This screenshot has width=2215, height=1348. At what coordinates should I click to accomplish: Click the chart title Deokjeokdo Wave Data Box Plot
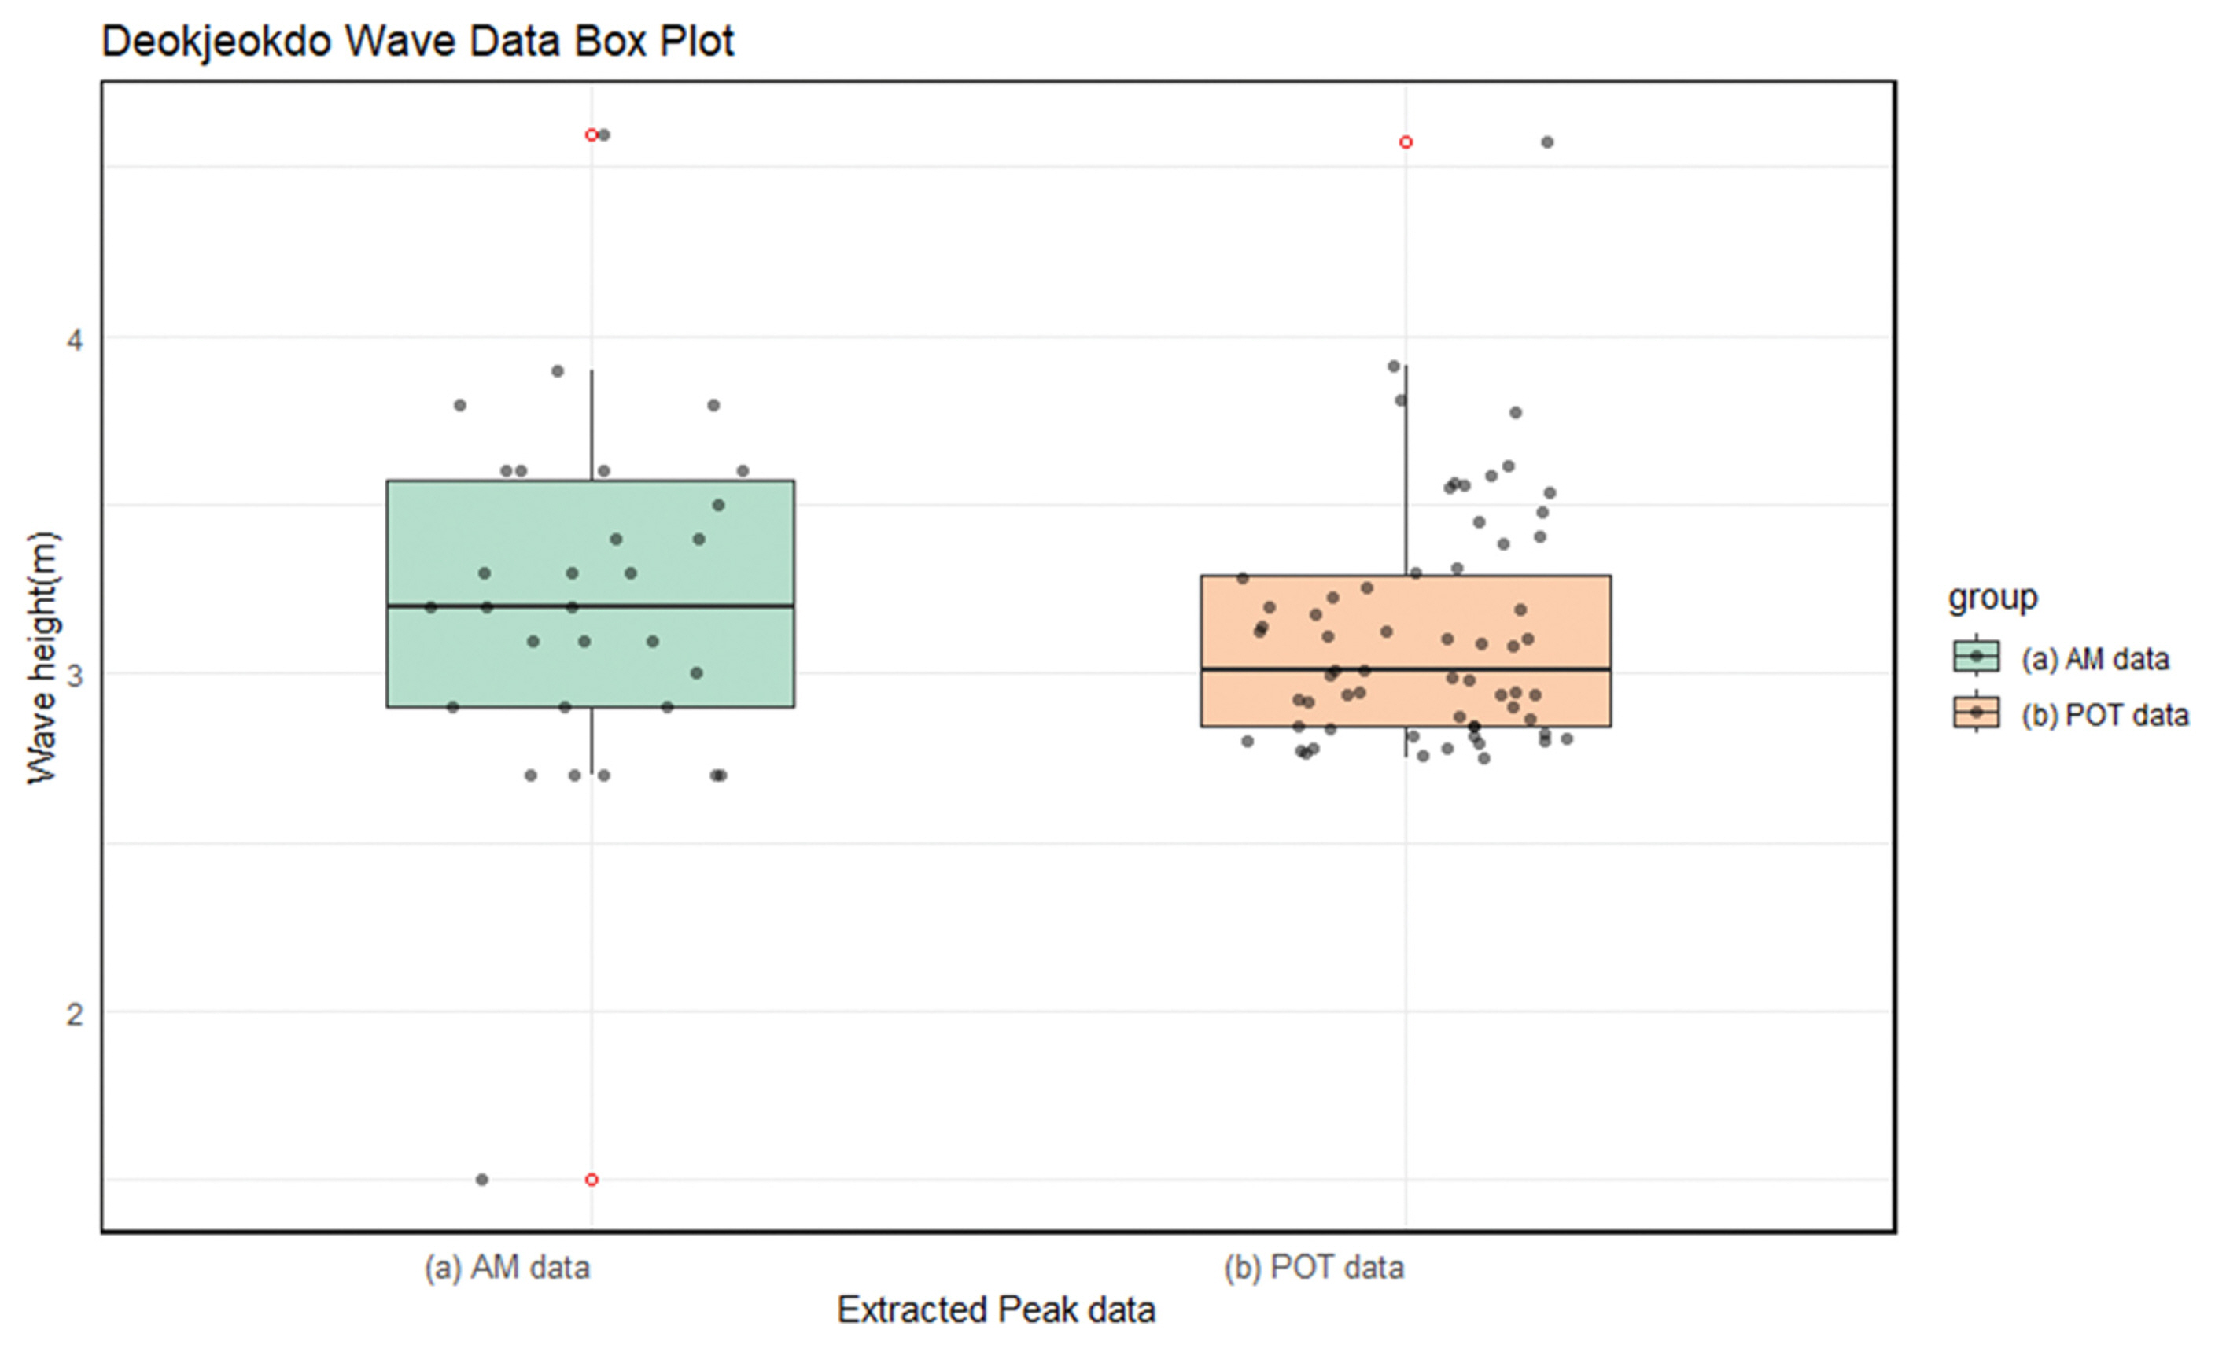tap(417, 42)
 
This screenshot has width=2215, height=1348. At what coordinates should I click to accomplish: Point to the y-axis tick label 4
tap(75, 340)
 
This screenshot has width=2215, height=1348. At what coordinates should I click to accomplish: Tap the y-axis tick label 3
tap(75, 675)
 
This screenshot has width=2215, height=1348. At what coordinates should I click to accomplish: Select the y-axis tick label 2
tap(75, 1014)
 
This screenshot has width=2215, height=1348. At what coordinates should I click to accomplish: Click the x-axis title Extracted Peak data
tap(996, 1310)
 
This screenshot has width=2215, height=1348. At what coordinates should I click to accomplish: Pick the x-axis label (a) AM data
tap(507, 1268)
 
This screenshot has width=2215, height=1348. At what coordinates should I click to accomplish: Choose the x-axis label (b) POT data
tap(1314, 1268)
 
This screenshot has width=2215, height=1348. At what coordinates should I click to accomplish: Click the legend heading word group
tap(1992, 598)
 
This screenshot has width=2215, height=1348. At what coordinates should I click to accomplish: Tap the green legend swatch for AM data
tap(1976, 657)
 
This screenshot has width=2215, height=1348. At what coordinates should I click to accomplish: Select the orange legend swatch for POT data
tap(1976, 713)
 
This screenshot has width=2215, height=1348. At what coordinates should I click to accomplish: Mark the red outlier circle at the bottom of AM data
tap(592, 1180)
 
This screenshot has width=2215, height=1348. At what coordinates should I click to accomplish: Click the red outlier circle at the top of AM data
tap(592, 134)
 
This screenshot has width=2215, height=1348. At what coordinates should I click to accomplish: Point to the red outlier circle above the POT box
tap(1406, 142)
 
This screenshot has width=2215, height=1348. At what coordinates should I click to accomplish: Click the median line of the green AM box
tap(684, 606)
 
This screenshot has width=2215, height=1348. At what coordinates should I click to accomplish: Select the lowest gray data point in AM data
tap(482, 1180)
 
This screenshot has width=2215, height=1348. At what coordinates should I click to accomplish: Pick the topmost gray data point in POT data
tap(1547, 142)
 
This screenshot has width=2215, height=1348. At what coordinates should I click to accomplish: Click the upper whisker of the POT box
tap(1406, 467)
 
